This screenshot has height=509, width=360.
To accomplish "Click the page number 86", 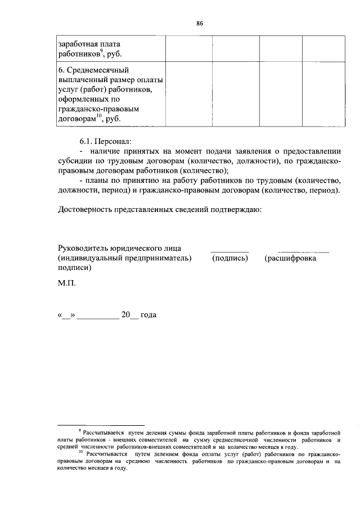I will (x=200, y=23).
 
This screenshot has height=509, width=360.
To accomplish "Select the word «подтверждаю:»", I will (x=235, y=210).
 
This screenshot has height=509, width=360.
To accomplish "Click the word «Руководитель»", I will (x=84, y=248).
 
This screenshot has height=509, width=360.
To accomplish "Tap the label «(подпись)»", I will (x=229, y=258).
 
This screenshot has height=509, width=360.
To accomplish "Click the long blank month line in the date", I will (x=97, y=318).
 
